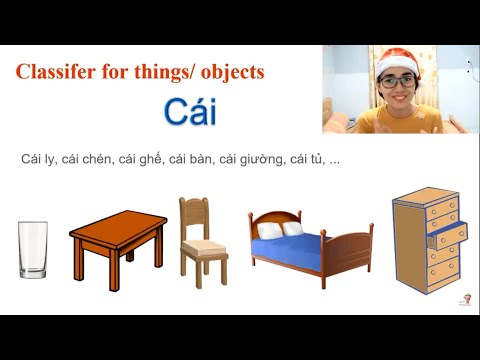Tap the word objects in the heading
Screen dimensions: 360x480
pyautogui.click(x=232, y=72)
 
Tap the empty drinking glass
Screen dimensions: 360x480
pyautogui.click(x=33, y=250)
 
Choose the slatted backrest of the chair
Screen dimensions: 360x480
pyautogui.click(x=193, y=215)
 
